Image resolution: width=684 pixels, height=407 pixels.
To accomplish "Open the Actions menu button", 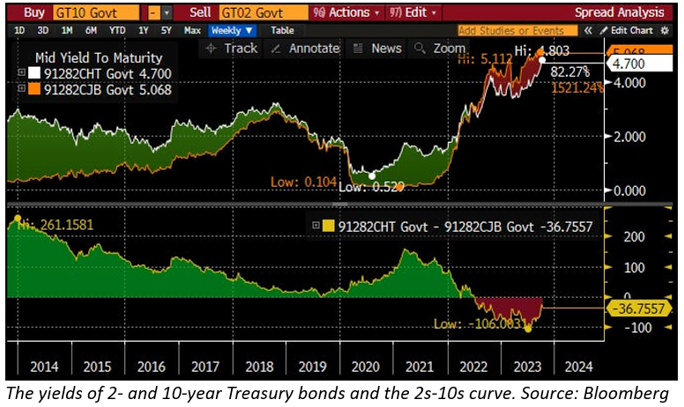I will pos(347,12).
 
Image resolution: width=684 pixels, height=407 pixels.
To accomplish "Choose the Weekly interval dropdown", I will pos(232,31).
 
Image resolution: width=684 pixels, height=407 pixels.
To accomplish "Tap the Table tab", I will pos(282,31).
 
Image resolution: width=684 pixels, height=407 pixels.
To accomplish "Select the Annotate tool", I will pos(306,48).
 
